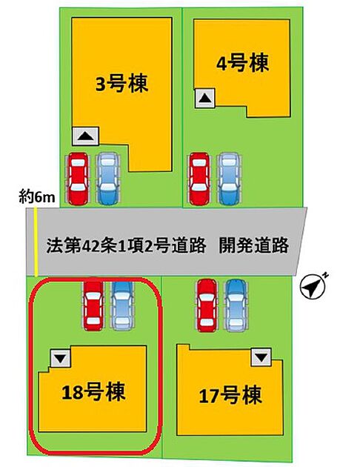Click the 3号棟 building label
coord(121,84)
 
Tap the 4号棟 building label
coord(242,63)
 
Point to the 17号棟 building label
coord(230,395)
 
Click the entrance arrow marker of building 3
coord(86,136)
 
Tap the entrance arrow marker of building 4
coord(204,98)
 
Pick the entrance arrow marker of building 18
coord(61,358)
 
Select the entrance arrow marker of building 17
coord(261,357)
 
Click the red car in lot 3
coord(78,179)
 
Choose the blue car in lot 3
coord(107,179)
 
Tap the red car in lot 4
coord(199,179)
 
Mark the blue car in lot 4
coord(229,179)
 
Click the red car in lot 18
coord(93,305)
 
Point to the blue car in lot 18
coord(122,305)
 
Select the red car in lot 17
coord(207,305)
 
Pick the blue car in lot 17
coord(236,305)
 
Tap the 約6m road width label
coord(37,197)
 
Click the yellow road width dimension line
coord(36,242)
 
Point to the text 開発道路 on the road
coord(254,245)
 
